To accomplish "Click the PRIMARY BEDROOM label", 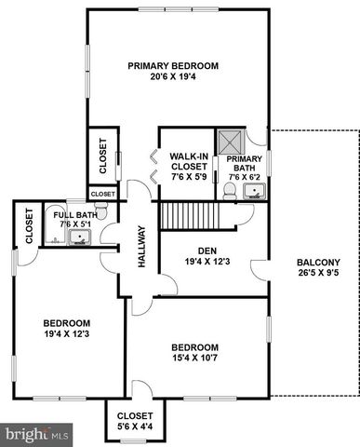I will click(173, 66).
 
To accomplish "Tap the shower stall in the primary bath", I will click(230, 142).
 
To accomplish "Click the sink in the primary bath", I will click(252, 193).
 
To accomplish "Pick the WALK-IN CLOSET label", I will click(187, 161).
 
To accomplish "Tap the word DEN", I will click(207, 250).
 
